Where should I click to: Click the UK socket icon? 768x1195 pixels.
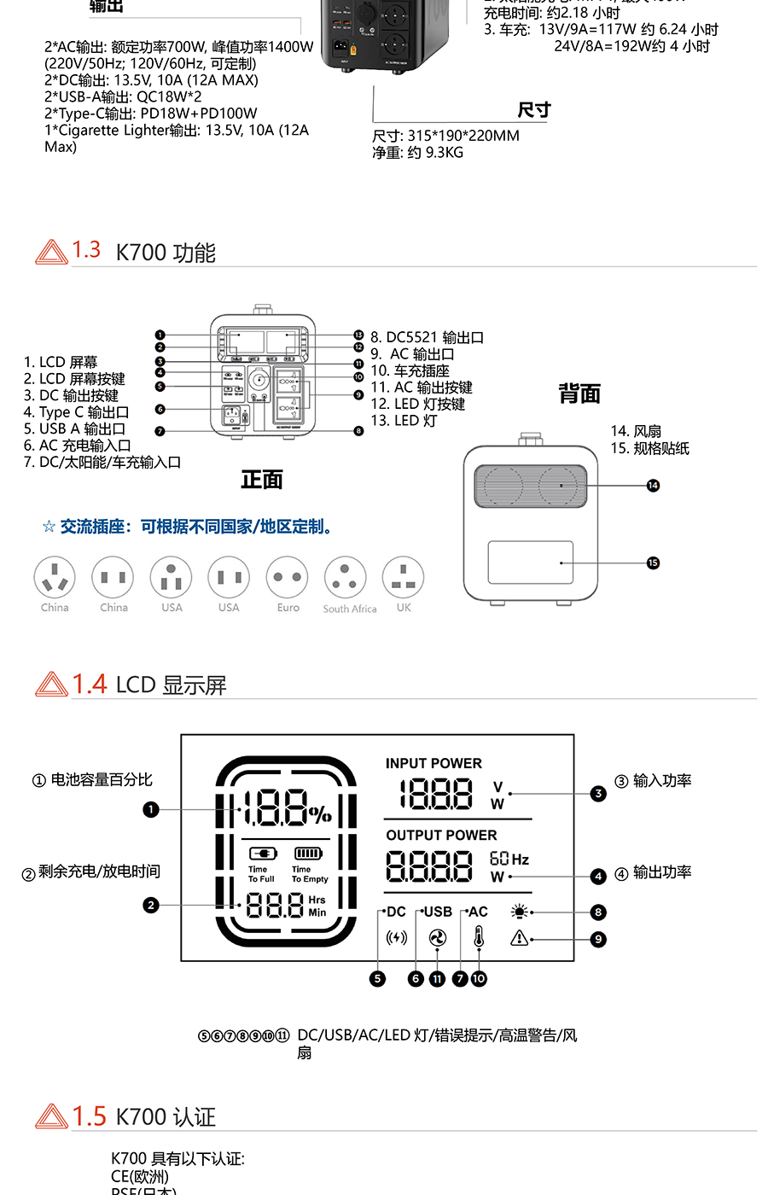pyautogui.click(x=404, y=578)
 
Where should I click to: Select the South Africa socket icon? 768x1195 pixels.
pyautogui.click(x=346, y=578)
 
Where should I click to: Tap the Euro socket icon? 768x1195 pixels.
pyautogui.click(x=288, y=578)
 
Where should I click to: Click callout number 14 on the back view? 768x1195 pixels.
pyautogui.click(x=653, y=486)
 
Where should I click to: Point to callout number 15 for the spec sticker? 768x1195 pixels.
pyautogui.click(x=653, y=563)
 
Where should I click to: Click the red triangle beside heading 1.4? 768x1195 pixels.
pyautogui.click(x=51, y=685)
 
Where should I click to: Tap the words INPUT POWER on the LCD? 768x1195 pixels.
pyautogui.click(x=433, y=763)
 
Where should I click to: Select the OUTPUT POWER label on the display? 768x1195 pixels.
pyautogui.click(x=441, y=835)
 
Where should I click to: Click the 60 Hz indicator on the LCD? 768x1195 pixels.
pyautogui.click(x=509, y=859)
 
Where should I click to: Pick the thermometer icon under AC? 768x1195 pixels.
pyautogui.click(x=479, y=938)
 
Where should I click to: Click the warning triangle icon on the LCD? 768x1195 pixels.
pyautogui.click(x=519, y=938)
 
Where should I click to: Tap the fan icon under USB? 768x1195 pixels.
pyautogui.click(x=437, y=938)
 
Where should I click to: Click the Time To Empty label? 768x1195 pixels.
pyautogui.click(x=309, y=874)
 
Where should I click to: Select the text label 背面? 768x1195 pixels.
pyautogui.click(x=579, y=393)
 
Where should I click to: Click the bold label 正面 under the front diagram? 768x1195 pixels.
pyautogui.click(x=261, y=480)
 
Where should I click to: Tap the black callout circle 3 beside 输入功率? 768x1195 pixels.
pyautogui.click(x=598, y=794)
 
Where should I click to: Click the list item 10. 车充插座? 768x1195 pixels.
pyautogui.click(x=410, y=370)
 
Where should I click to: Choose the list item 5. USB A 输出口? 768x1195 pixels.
pyautogui.click(x=74, y=428)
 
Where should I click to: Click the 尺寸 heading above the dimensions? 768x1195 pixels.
pyautogui.click(x=534, y=110)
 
